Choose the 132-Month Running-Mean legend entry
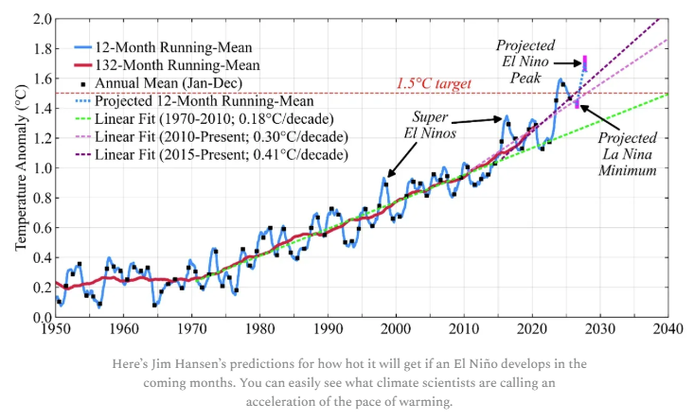click(x=161, y=65)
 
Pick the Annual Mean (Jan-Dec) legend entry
click(x=162, y=83)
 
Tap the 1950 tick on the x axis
click(x=56, y=330)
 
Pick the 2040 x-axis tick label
click(x=667, y=330)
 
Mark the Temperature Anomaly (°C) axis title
click(x=18, y=169)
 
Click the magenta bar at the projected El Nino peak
click(x=585, y=63)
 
